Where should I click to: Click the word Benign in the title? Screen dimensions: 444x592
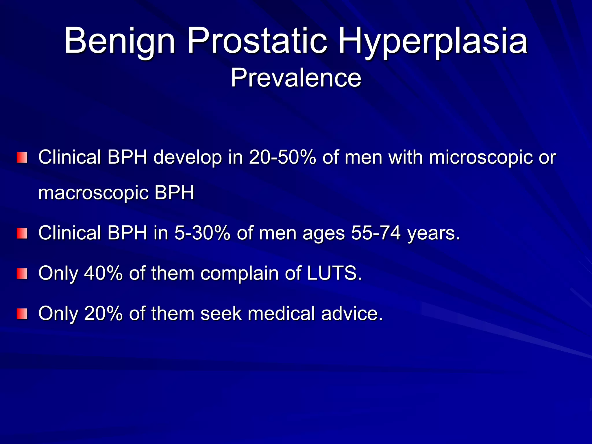pos(120,41)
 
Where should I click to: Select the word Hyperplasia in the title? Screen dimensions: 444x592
pos(433,41)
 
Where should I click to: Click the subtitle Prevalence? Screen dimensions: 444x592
pos(296,78)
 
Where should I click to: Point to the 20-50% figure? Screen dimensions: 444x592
pos(282,158)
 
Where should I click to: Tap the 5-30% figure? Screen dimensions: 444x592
pos(202,233)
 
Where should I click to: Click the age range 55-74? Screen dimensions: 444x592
pos(376,233)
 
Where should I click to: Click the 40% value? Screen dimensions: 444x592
pos(103,273)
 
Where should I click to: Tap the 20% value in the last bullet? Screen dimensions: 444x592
pos(103,313)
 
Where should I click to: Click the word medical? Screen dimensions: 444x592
pos(281,313)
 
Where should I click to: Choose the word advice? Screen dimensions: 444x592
pos(352,313)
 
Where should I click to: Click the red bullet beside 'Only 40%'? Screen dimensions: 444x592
pos(22,273)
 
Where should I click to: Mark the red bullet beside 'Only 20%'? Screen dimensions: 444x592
pos(22,314)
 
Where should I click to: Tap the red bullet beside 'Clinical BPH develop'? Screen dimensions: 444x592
pos(22,158)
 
